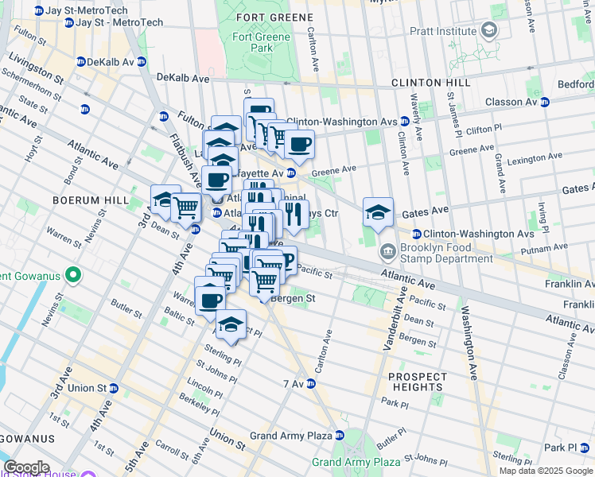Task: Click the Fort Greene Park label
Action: [x=254, y=43]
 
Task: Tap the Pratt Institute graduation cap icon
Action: [x=489, y=32]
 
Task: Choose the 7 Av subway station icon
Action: [x=311, y=384]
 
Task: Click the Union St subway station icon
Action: [x=114, y=389]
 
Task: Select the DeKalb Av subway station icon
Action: [x=81, y=61]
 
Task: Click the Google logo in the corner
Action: [x=26, y=467]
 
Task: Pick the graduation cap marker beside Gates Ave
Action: [x=378, y=211]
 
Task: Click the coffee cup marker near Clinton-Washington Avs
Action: [x=299, y=145]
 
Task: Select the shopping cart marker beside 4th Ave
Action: [x=185, y=207]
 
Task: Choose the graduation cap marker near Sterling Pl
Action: [x=231, y=324]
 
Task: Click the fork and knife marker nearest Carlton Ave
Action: [x=294, y=214]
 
